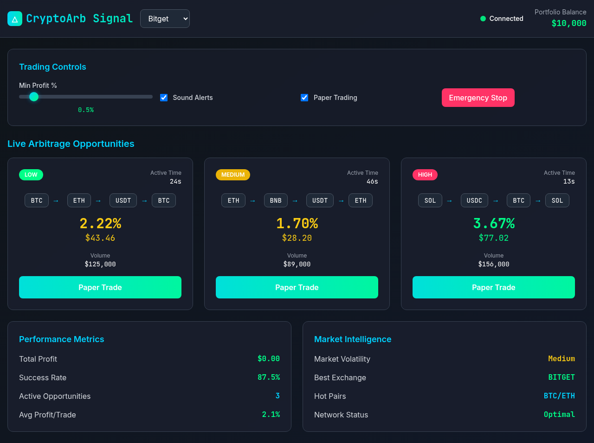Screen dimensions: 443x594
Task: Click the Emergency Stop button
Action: [478, 98]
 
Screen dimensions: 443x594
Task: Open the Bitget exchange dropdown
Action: [165, 19]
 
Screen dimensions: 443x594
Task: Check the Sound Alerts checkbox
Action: [164, 98]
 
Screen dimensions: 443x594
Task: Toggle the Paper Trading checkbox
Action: [304, 98]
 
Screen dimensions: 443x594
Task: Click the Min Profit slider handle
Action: [34, 97]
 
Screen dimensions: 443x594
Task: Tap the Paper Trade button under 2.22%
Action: [100, 287]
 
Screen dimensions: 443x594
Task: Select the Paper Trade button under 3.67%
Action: [493, 287]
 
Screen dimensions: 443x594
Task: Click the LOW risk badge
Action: [31, 175]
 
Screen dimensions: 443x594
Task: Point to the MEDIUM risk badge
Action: [233, 175]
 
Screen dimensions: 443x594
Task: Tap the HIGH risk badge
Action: [425, 175]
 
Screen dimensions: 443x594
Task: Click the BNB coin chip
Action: [276, 200]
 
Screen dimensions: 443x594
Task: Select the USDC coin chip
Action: [474, 200]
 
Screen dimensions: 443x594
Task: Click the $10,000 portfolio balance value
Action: [568, 23]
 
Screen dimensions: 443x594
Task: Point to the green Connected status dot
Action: [483, 19]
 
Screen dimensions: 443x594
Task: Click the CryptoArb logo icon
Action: [15, 19]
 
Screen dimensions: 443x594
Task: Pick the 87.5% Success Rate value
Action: [269, 377]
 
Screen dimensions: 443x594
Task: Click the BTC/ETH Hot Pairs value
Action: [559, 396]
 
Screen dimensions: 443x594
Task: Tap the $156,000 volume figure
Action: [493, 264]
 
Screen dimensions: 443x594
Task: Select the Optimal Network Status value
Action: [559, 415]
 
